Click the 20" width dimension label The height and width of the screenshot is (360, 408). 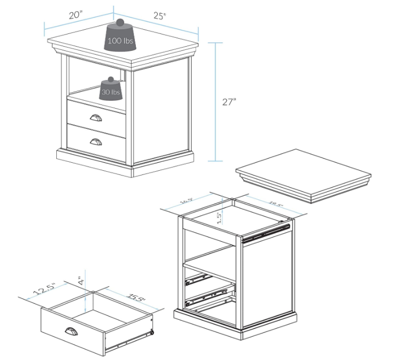(x=76, y=15)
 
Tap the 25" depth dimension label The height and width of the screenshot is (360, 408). (x=160, y=16)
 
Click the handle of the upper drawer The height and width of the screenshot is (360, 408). (x=97, y=118)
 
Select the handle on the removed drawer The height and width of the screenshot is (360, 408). (x=71, y=332)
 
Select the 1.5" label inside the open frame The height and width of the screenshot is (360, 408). (x=219, y=217)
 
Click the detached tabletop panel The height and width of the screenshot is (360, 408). (x=302, y=175)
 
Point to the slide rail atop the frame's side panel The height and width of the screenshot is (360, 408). (x=265, y=233)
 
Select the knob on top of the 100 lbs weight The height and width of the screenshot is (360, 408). (x=120, y=23)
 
